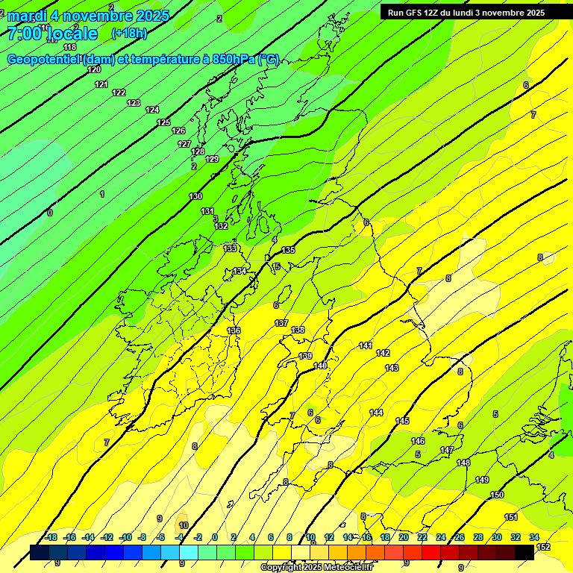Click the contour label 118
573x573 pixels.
tap(70, 47)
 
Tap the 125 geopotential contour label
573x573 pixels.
tap(163, 122)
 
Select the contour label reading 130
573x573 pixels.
tap(195, 196)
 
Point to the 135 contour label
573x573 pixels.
tap(289, 250)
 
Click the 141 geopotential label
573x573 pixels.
tap(366, 345)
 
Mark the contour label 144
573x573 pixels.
tap(376, 413)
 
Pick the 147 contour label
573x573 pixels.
tap(447, 450)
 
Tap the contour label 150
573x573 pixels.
tap(497, 495)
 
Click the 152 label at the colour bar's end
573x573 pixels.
tap(543, 547)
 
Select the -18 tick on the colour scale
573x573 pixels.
tap(51, 537)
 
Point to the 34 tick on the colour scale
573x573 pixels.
tap(533, 537)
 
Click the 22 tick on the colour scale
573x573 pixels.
tap(422, 537)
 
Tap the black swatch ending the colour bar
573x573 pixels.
tap(524, 551)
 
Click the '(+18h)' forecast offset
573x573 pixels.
tap(128, 34)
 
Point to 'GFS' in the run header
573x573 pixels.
tap(413, 13)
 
